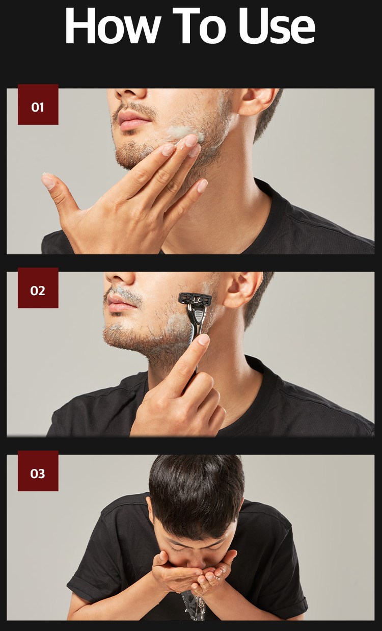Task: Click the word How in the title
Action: coord(113,25)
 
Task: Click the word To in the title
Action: coord(199,25)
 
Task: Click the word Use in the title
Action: coord(277,25)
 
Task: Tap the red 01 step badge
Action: coord(38,104)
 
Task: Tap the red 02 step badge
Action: coord(38,287)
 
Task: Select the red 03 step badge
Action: coord(38,471)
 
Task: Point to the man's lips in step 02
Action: coord(121,303)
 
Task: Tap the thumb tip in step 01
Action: coord(48,180)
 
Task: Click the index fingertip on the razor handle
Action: coord(203,339)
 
